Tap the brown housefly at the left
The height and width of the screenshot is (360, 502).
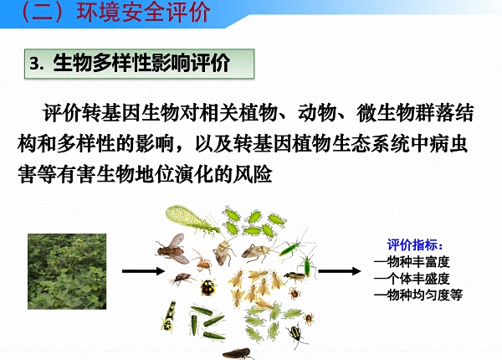[x=172, y=247]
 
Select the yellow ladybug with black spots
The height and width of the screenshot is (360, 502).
[x=207, y=288]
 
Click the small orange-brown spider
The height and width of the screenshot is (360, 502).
[x=203, y=265]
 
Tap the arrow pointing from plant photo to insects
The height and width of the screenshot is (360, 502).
[x=141, y=270]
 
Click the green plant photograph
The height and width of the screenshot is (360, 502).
[x=64, y=270]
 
